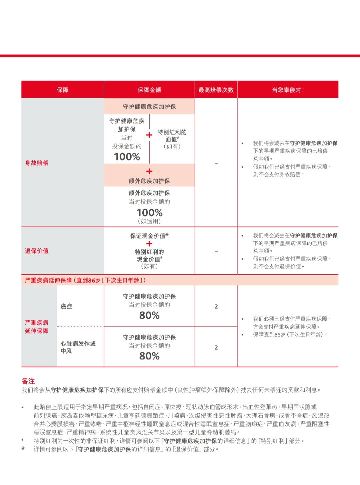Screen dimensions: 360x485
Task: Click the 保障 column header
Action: (x=63, y=90)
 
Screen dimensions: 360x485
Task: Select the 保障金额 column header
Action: (x=149, y=90)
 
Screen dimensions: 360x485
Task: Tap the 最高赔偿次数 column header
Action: (x=216, y=90)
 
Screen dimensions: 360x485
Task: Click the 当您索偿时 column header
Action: (x=288, y=90)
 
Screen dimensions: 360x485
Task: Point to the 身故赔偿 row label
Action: (x=37, y=163)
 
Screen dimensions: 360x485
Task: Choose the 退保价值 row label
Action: (x=37, y=251)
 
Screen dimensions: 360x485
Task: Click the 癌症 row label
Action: (x=66, y=306)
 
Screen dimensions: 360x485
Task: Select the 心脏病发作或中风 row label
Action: (x=78, y=347)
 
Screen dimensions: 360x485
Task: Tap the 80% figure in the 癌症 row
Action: (x=149, y=315)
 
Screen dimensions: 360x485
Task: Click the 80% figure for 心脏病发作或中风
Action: (x=149, y=356)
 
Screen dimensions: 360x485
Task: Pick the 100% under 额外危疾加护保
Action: (x=149, y=213)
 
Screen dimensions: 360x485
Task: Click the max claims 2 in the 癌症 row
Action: (x=216, y=306)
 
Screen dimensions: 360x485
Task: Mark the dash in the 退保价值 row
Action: (x=216, y=251)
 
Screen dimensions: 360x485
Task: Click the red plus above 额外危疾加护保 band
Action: (x=149, y=171)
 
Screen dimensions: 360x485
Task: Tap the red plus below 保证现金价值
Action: (x=149, y=244)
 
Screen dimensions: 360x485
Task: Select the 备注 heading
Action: (x=28, y=381)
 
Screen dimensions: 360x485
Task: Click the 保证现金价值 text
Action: (x=148, y=236)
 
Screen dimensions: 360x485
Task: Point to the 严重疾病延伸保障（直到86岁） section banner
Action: (x=85, y=280)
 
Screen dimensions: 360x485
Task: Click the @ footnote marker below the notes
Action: (x=23, y=448)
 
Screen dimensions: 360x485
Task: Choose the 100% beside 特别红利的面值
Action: (x=127, y=157)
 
